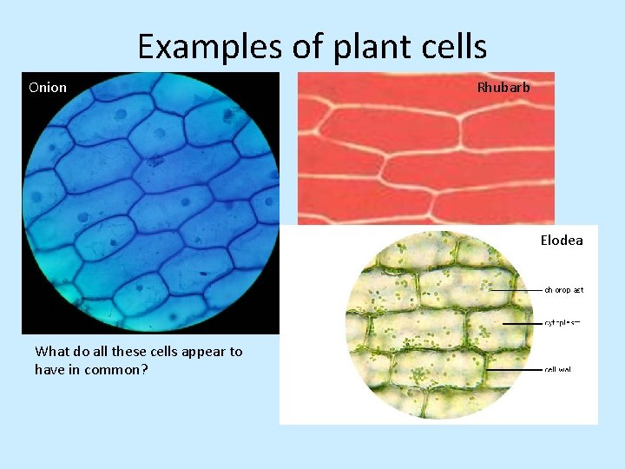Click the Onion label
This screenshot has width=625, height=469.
pos(47,87)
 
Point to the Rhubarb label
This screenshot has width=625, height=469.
pos(503,87)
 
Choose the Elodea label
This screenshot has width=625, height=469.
pos(562,240)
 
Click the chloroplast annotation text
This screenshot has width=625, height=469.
pos(563,289)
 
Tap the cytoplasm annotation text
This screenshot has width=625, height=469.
pos(562,322)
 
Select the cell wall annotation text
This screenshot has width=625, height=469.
pos(557,369)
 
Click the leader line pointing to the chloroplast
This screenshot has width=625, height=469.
pos(516,289)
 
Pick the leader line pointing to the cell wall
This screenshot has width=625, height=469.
pos(514,369)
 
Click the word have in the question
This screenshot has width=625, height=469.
pos(49,369)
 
